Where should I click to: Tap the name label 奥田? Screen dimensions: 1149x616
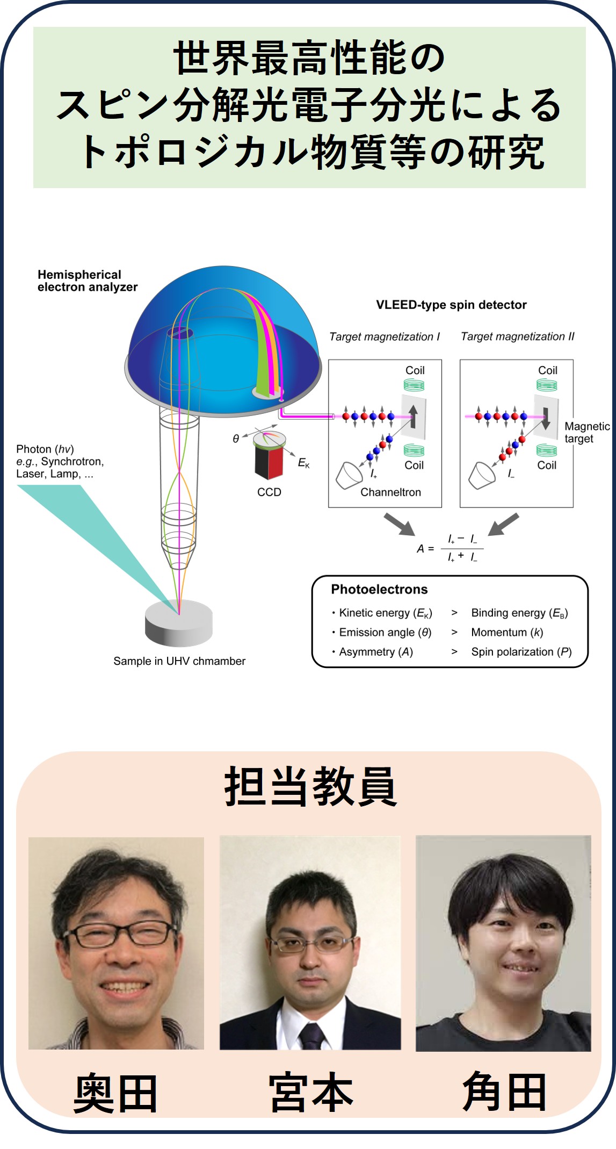tap(115, 1094)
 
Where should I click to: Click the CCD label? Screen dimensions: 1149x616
tap(269, 492)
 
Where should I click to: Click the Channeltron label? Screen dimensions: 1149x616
tap(390, 492)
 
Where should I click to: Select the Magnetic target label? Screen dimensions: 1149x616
tap(586, 433)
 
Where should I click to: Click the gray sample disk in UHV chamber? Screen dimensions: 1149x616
tap(179, 623)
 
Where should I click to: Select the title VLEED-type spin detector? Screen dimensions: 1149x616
tap(451, 305)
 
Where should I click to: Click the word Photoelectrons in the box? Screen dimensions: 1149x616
tap(379, 590)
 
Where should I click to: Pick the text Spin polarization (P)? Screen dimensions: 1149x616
tap(521, 652)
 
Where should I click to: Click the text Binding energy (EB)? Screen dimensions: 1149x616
tap(519, 613)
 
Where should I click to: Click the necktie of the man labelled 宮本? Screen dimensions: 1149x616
tap(311, 1035)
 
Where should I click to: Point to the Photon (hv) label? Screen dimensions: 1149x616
tap(45, 449)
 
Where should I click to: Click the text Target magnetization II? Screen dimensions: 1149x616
tap(517, 337)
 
